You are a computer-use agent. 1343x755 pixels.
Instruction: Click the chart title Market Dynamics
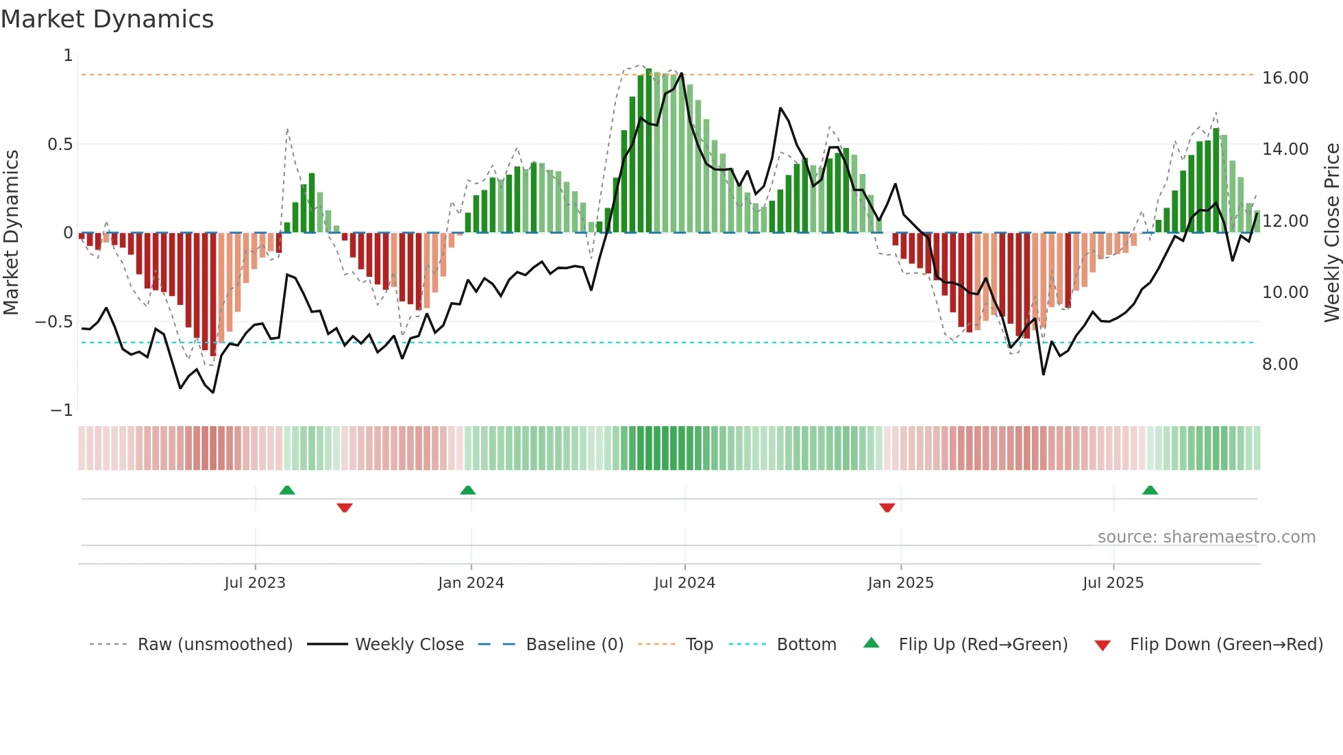[x=108, y=19]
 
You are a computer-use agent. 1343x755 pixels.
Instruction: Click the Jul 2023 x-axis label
[x=255, y=583]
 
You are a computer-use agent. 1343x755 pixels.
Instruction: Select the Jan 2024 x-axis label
[x=471, y=583]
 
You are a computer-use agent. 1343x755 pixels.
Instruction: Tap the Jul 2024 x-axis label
[x=685, y=583]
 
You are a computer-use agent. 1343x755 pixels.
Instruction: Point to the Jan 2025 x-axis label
[x=900, y=583]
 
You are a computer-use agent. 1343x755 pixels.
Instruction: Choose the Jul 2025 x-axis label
[x=1113, y=583]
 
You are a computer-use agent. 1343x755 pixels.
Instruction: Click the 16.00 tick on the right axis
[x=1285, y=78]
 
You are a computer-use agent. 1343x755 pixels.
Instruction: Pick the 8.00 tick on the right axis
[x=1280, y=364]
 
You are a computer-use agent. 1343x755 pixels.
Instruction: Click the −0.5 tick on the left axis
[x=54, y=322]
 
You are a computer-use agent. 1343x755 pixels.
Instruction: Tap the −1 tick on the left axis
[x=62, y=410]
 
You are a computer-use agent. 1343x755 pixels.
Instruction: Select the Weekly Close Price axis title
[x=1331, y=233]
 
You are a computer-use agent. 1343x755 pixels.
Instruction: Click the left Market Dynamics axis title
[x=11, y=233]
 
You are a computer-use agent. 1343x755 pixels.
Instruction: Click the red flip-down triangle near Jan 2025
[x=887, y=508]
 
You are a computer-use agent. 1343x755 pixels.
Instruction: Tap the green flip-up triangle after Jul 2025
[x=1150, y=491]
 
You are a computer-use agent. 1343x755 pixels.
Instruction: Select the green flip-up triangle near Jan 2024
[x=467, y=491]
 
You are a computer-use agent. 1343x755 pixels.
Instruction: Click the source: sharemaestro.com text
[x=1206, y=537]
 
